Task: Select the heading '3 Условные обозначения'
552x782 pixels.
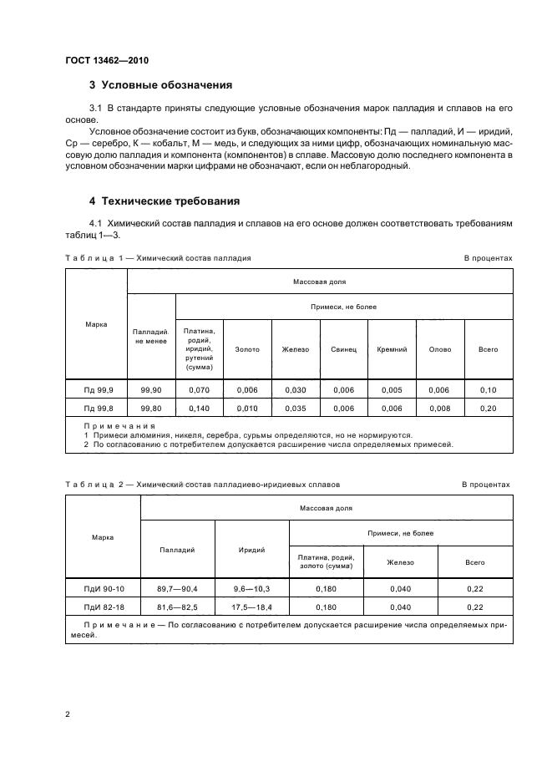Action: tap(160, 85)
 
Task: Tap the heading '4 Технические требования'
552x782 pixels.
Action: tap(165, 201)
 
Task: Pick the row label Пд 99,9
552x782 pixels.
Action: tap(96, 389)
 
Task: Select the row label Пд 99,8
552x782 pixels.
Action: tap(96, 408)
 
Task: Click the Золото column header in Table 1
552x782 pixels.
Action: tap(247, 349)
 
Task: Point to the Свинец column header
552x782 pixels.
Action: tap(343, 349)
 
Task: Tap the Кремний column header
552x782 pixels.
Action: tap(392, 349)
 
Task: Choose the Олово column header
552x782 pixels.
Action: tap(440, 349)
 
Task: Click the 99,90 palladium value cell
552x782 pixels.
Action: tap(151, 389)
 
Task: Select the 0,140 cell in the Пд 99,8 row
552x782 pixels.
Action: tap(200, 408)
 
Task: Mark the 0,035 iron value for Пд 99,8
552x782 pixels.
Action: tap(295, 408)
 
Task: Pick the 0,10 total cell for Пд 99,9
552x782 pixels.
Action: tap(489, 389)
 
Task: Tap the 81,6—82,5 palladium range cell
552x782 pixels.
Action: tap(178, 607)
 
